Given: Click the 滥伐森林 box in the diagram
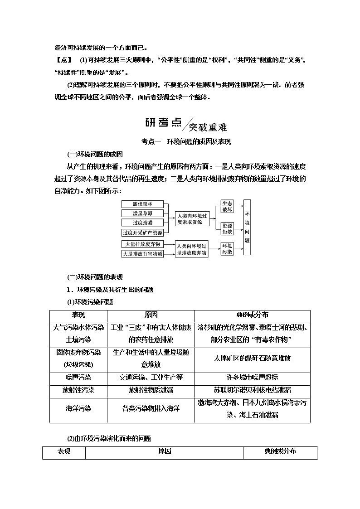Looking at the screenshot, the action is tap(142, 204).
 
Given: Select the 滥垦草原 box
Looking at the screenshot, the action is tap(142, 213).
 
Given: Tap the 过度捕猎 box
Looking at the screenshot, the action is tap(142, 223).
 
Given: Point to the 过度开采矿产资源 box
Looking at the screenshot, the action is tap(142, 232).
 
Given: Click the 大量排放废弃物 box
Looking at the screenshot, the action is tap(142, 244).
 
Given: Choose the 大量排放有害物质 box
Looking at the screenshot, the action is tap(142, 254).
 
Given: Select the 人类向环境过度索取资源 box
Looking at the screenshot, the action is tap(193, 218).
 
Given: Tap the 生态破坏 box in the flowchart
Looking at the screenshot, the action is tap(227, 207).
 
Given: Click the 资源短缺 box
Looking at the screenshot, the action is tap(227, 229).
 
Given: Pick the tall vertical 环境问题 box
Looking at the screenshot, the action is tap(247, 227).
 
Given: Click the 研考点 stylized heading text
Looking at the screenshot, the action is tap(163, 122).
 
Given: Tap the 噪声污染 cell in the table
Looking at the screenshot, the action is tap(78, 377).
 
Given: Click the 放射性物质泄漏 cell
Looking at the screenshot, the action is tap(151, 390).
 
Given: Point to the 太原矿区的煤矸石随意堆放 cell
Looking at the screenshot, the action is tap(252, 358).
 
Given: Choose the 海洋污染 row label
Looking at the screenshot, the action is tap(78, 408).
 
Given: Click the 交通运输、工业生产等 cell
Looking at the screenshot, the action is tap(151, 377).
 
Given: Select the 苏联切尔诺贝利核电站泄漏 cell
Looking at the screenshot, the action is tap(252, 390).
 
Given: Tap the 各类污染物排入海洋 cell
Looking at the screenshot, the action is tap(151, 408).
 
